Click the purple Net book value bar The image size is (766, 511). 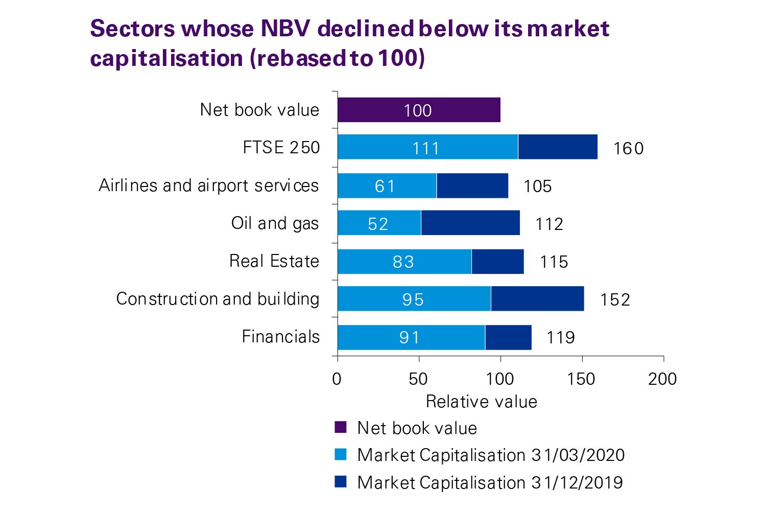click(x=419, y=110)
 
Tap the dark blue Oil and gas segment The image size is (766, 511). click(x=470, y=223)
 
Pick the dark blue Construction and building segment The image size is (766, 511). click(x=537, y=298)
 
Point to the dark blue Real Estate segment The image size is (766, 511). click(x=497, y=261)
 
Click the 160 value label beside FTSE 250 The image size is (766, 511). click(x=628, y=148)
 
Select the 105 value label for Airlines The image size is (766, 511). click(x=537, y=186)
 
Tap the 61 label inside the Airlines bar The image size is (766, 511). click(x=385, y=186)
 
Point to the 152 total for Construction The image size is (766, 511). click(x=615, y=299)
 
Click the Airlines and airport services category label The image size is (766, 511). click(x=208, y=185)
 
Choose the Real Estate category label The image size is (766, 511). click(x=274, y=261)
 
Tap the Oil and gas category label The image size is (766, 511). click(x=275, y=223)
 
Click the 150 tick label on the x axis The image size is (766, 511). click(x=581, y=379)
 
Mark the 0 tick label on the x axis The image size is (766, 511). click(x=337, y=379)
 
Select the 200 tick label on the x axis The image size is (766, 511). click(x=662, y=379)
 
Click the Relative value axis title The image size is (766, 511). click(x=481, y=402)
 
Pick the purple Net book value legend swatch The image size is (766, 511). click(x=341, y=427)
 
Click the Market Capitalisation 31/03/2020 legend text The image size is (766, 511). click(x=491, y=455)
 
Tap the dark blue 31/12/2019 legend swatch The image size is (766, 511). click(x=341, y=482)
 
